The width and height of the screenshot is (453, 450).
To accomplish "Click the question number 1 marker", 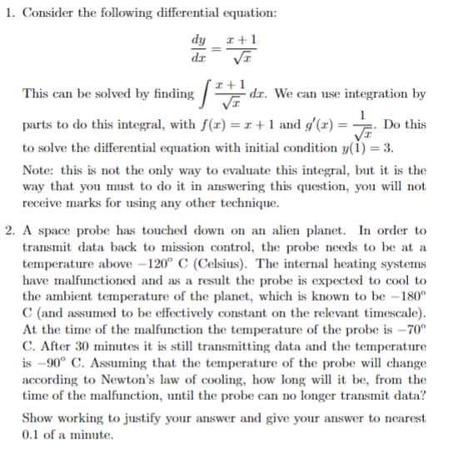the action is (x=7, y=10).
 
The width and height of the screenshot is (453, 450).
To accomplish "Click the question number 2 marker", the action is (x=7, y=231).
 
